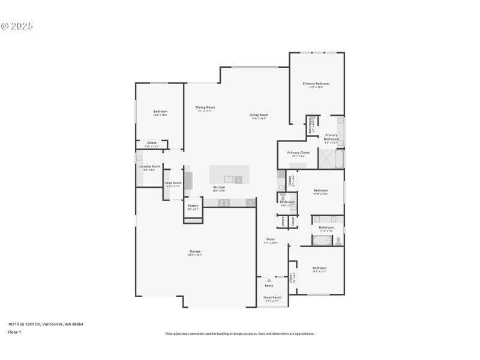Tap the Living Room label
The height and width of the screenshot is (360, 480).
click(259, 115)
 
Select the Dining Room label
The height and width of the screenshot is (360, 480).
click(205, 107)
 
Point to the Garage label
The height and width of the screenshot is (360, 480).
click(196, 251)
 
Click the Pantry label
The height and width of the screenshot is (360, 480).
click(193, 206)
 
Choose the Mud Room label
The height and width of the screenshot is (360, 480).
click(173, 183)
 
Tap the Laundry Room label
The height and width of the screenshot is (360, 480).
click(149, 166)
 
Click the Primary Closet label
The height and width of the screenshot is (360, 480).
click(298, 152)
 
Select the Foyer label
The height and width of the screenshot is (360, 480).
click(271, 239)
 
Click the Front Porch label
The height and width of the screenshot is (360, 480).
click(272, 298)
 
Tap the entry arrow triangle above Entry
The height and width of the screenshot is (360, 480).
click(269, 280)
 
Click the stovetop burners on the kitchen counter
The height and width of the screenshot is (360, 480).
click(224, 203)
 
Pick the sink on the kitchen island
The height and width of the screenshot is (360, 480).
click(229, 179)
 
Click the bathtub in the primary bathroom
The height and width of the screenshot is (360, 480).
click(339, 159)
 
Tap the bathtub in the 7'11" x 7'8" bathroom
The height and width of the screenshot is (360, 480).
click(322, 241)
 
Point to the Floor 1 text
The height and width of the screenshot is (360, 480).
click(14, 332)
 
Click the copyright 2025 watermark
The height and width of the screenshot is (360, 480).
click(17, 26)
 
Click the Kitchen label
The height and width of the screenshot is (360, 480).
click(220, 187)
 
